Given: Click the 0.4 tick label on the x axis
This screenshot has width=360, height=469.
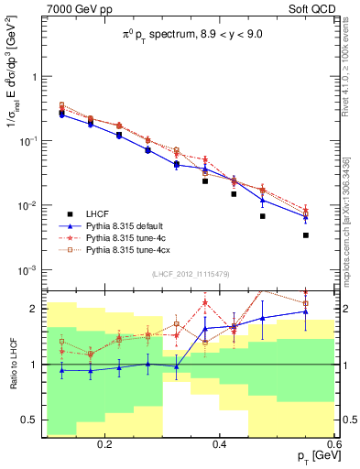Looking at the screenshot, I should click(x=219, y=444).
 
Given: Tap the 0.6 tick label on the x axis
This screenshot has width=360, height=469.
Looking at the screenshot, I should click(x=333, y=444).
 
